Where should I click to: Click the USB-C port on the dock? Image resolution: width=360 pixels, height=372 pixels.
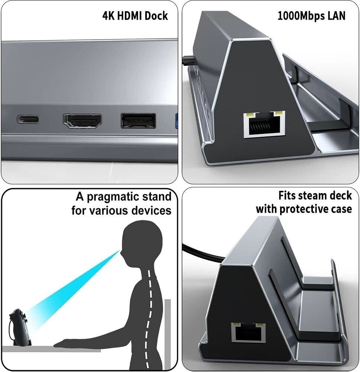tap(28, 119)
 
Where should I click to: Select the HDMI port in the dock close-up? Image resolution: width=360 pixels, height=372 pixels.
tap(82, 121)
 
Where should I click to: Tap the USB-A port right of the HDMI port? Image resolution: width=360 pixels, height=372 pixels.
tap(139, 121)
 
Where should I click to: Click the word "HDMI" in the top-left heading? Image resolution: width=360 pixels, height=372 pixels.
tap(130, 16)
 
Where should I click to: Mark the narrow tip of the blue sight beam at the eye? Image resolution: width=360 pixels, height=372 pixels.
tap(120, 251)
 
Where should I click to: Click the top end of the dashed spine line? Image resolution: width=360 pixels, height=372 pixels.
tap(148, 270)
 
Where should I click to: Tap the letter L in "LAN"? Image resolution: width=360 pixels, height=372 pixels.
tap(330, 16)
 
